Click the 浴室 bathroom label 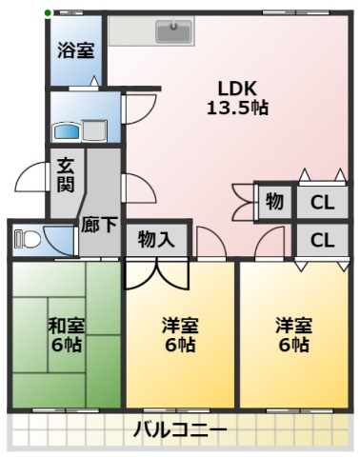pos(75,50)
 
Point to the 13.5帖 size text pos(237,107)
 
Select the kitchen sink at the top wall pos(173,31)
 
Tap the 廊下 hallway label pos(99,226)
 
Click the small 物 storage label pos(274,202)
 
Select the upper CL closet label pos(323,202)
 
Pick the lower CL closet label pos(323,239)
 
